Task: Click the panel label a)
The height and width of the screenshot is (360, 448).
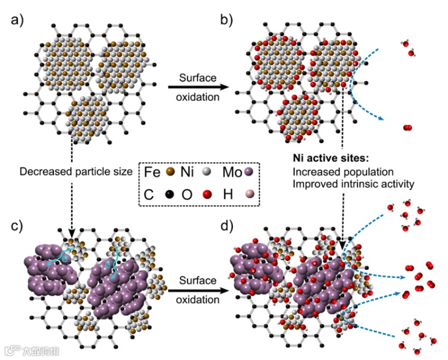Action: [18, 20]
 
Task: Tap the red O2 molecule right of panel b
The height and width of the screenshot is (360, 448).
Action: [408, 127]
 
